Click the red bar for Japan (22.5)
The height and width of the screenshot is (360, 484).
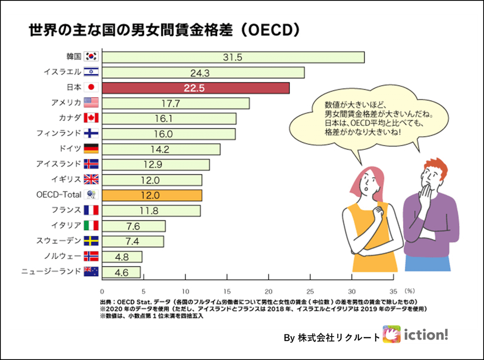pos(195,88)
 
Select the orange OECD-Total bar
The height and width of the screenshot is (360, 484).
pos(152,195)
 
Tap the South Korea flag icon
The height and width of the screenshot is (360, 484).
pos(91,57)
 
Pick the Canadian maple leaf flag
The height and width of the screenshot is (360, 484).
pos(91,118)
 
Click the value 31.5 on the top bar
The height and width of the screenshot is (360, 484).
pos(233,57)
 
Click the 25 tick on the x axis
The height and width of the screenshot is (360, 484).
pos(310,291)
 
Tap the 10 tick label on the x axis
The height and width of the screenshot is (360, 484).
pos(185,291)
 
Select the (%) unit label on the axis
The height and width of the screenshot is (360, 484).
pos(410,291)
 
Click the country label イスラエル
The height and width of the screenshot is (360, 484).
pos(62,72)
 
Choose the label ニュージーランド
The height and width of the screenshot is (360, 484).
pos(51,271)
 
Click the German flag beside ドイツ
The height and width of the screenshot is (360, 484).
pos(91,148)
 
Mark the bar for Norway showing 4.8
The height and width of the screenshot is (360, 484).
pos(122,256)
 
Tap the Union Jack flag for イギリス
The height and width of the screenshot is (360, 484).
pos(91,179)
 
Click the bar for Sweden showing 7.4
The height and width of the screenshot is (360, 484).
pos(133,241)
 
